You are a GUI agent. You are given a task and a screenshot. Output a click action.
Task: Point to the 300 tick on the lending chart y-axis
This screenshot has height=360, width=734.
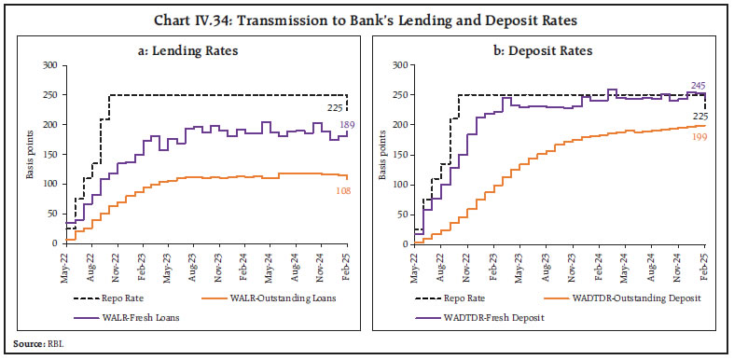tap(48, 65)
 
